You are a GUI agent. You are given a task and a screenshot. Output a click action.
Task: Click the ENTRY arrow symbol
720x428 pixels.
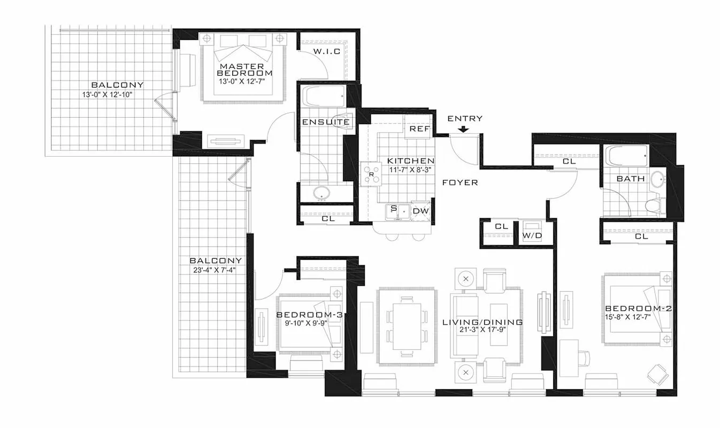pyautogui.click(x=463, y=128)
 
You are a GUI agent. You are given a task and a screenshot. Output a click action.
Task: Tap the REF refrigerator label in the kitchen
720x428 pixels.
pyautogui.click(x=417, y=129)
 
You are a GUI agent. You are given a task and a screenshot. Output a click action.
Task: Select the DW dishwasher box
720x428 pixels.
pyautogui.click(x=421, y=212)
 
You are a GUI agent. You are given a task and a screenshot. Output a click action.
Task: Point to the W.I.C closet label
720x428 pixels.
pyautogui.click(x=326, y=51)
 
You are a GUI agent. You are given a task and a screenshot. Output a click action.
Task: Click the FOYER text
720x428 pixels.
pyautogui.click(x=460, y=182)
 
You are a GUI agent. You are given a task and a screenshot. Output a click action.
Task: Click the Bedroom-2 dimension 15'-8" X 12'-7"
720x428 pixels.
pyautogui.click(x=638, y=318)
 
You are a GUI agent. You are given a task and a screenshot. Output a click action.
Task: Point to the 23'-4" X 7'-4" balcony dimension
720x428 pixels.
pyautogui.click(x=216, y=270)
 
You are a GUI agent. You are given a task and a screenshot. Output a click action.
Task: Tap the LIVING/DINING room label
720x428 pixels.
pyautogui.click(x=482, y=322)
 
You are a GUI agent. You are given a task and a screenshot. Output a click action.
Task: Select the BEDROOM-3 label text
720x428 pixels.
pyautogui.click(x=309, y=315)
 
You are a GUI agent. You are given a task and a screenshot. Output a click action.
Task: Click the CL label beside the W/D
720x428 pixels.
pyautogui.click(x=501, y=227)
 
